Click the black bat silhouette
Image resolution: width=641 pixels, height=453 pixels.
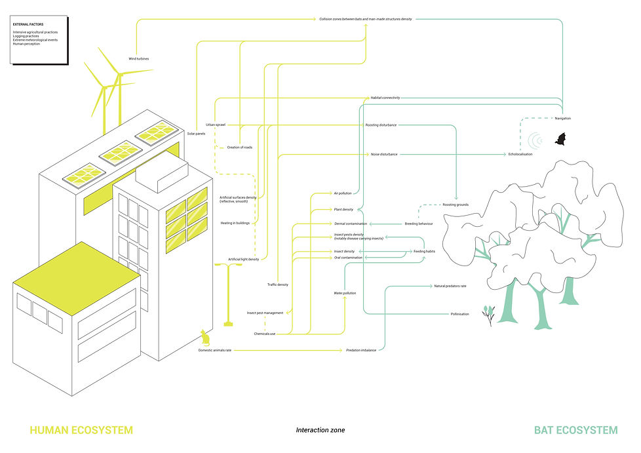560,139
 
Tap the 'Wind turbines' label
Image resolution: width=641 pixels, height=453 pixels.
138,59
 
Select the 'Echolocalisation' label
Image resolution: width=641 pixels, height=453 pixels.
520,154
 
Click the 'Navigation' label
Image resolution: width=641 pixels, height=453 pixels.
562,118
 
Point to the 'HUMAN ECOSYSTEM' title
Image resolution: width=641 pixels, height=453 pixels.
81,431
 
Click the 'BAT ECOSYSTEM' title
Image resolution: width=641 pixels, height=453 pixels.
575,431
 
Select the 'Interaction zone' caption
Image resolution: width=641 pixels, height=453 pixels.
320,431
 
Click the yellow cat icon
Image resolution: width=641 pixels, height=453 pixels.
204,338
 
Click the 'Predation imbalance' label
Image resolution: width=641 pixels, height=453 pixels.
361,351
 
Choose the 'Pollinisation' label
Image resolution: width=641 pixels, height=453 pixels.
459,314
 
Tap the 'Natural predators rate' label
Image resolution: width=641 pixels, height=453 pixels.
450,286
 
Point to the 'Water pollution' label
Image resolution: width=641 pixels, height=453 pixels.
345,293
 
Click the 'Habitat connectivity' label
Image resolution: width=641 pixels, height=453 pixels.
385,98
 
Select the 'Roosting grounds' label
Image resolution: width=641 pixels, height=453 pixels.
456,205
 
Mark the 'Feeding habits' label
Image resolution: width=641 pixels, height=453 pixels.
424,251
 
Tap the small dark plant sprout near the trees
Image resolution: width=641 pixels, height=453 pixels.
488,315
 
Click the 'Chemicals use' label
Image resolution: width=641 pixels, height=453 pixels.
265,334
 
